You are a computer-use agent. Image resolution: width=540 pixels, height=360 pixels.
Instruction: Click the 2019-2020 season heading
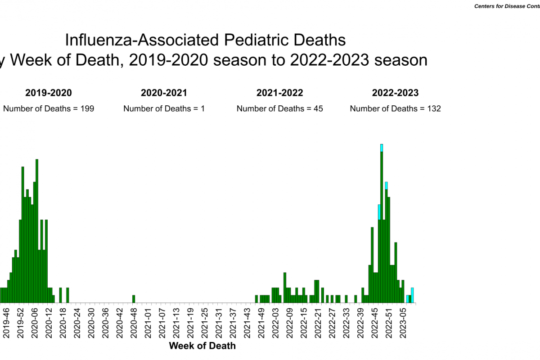click(x=48, y=93)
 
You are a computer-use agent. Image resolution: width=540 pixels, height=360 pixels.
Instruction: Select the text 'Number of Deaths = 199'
click(x=49, y=108)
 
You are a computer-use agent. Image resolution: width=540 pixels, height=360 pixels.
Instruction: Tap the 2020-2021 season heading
click(x=164, y=93)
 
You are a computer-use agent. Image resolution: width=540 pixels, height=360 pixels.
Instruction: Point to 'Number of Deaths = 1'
click(x=164, y=108)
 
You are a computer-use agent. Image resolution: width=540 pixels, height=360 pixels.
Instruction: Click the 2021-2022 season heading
click(x=280, y=93)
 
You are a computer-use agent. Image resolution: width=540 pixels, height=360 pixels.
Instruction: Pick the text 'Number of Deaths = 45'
click(x=280, y=108)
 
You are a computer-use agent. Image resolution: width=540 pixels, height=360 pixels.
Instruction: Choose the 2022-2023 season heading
click(x=395, y=93)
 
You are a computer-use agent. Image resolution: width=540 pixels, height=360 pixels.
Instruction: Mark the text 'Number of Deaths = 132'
click(x=395, y=108)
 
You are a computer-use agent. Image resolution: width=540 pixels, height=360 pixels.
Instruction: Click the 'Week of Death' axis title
click(x=202, y=346)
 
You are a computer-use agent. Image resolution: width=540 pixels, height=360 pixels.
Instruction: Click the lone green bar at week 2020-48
click(x=134, y=299)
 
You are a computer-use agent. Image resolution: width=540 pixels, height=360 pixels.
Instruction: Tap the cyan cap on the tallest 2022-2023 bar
click(x=382, y=148)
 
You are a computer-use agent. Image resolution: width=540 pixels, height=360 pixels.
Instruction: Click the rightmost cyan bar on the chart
click(x=412, y=295)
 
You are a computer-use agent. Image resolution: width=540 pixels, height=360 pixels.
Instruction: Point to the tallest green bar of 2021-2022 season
click(x=285, y=287)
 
